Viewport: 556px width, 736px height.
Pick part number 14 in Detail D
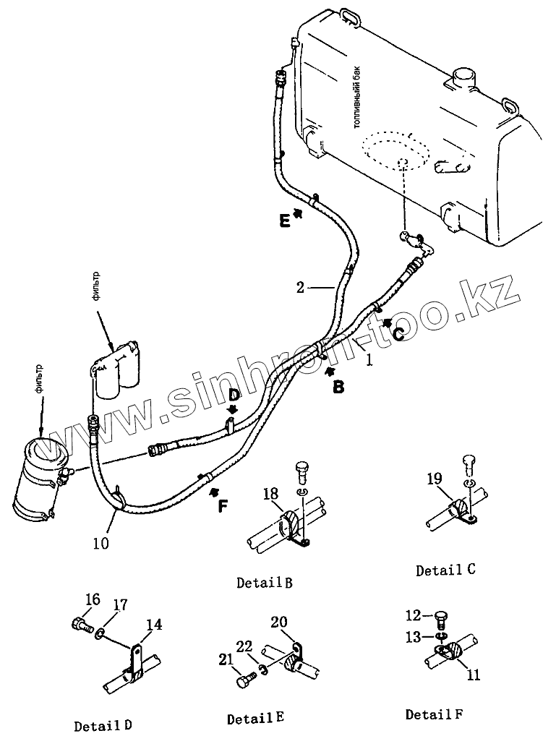(x=154, y=625)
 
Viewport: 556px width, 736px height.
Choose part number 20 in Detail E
(x=279, y=622)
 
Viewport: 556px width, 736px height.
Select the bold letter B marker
(x=338, y=388)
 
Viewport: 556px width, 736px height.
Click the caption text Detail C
(x=445, y=570)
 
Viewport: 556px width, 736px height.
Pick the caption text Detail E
(x=255, y=719)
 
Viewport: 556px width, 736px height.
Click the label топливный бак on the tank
(x=358, y=106)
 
